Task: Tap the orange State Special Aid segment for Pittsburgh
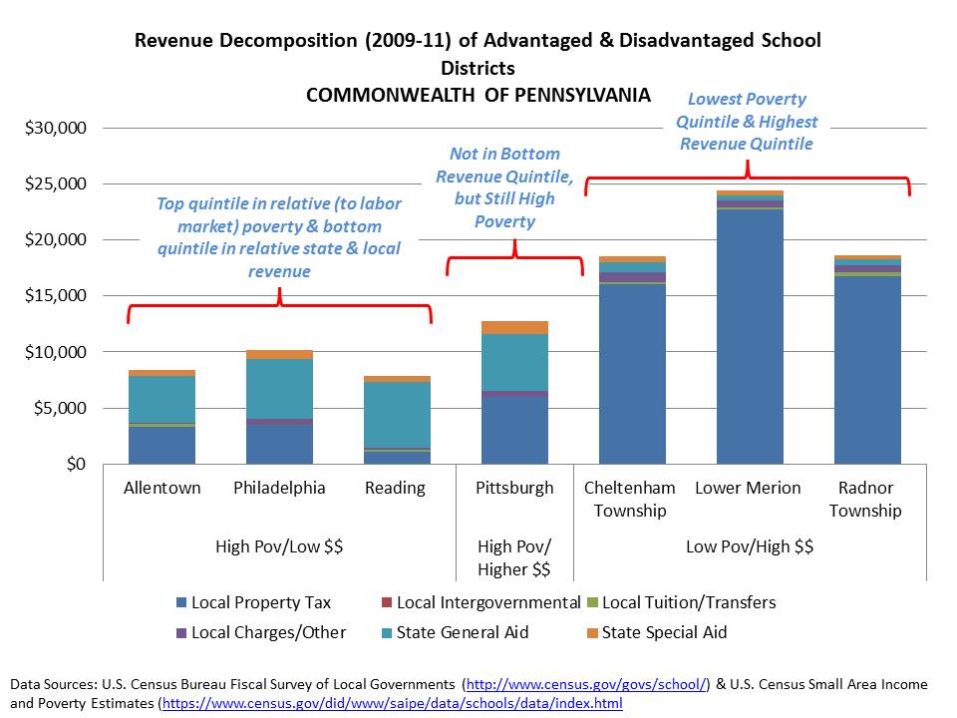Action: [514, 327]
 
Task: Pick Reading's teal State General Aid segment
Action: [397, 415]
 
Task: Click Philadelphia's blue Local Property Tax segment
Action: [279, 445]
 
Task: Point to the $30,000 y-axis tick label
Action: [61, 128]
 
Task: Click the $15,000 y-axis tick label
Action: [61, 296]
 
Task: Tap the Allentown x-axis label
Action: [161, 488]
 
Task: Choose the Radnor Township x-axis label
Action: [866, 499]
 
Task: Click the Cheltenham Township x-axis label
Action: [630, 499]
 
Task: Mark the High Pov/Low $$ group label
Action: [279, 546]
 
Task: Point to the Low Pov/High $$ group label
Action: [749, 546]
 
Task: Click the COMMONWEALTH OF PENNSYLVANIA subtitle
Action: [478, 96]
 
